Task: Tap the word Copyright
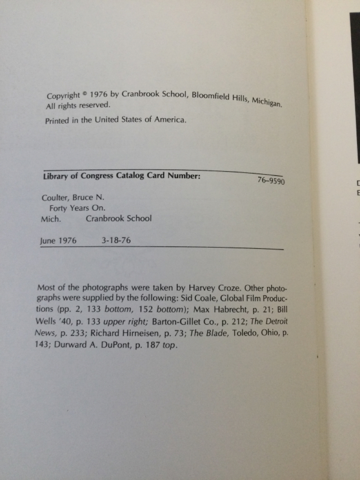63,96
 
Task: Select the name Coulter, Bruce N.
72,197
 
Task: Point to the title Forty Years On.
77,208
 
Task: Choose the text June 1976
58,241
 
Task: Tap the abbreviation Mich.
50,219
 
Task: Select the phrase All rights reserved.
78,106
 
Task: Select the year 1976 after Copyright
99,95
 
